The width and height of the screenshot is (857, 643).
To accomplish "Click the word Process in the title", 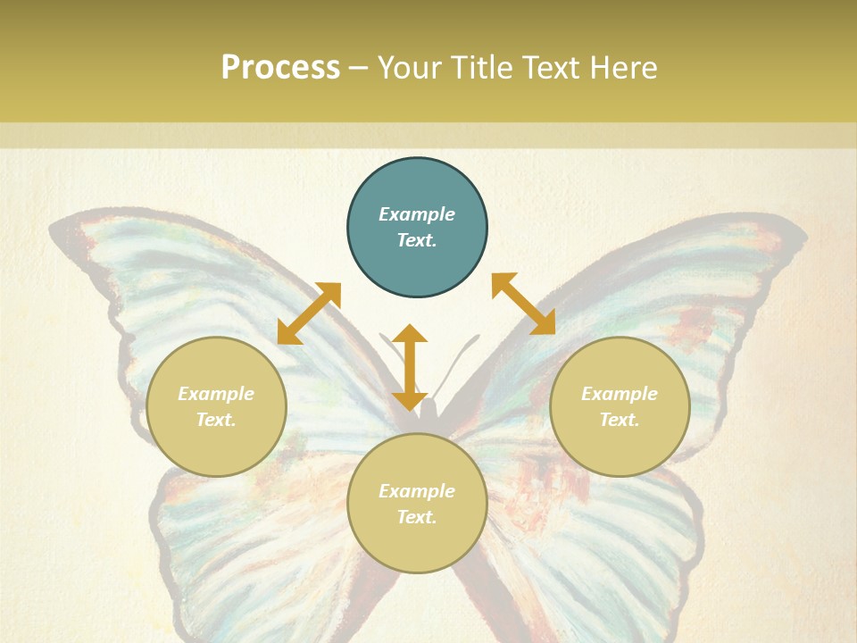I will (280, 68).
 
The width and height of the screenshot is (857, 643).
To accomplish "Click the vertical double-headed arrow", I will (410, 367).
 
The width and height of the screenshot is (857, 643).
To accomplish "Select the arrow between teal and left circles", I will (309, 313).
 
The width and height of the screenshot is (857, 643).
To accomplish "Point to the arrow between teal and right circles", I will (524, 304).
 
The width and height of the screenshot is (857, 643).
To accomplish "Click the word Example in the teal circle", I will (417, 214).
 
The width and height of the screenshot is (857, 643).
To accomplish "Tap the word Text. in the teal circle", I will (417, 240).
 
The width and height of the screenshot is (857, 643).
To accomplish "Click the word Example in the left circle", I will (216, 394).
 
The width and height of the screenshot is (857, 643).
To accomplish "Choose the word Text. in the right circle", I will (620, 420).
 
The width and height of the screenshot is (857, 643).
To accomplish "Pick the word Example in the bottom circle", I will (417, 491).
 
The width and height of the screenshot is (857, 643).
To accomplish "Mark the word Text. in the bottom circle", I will (417, 517).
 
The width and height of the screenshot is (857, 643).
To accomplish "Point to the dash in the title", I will (358, 68).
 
